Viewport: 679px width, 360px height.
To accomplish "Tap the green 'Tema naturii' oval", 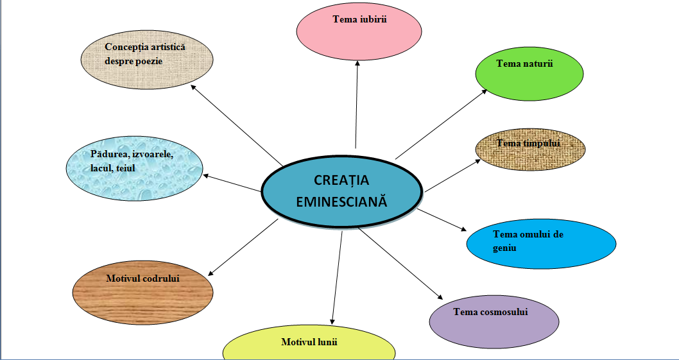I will (x=529, y=74).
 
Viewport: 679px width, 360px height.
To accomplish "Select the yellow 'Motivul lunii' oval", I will (x=309, y=347).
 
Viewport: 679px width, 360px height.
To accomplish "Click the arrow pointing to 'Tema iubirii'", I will (x=356, y=103).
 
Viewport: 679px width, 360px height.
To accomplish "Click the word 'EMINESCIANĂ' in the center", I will (x=342, y=201).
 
